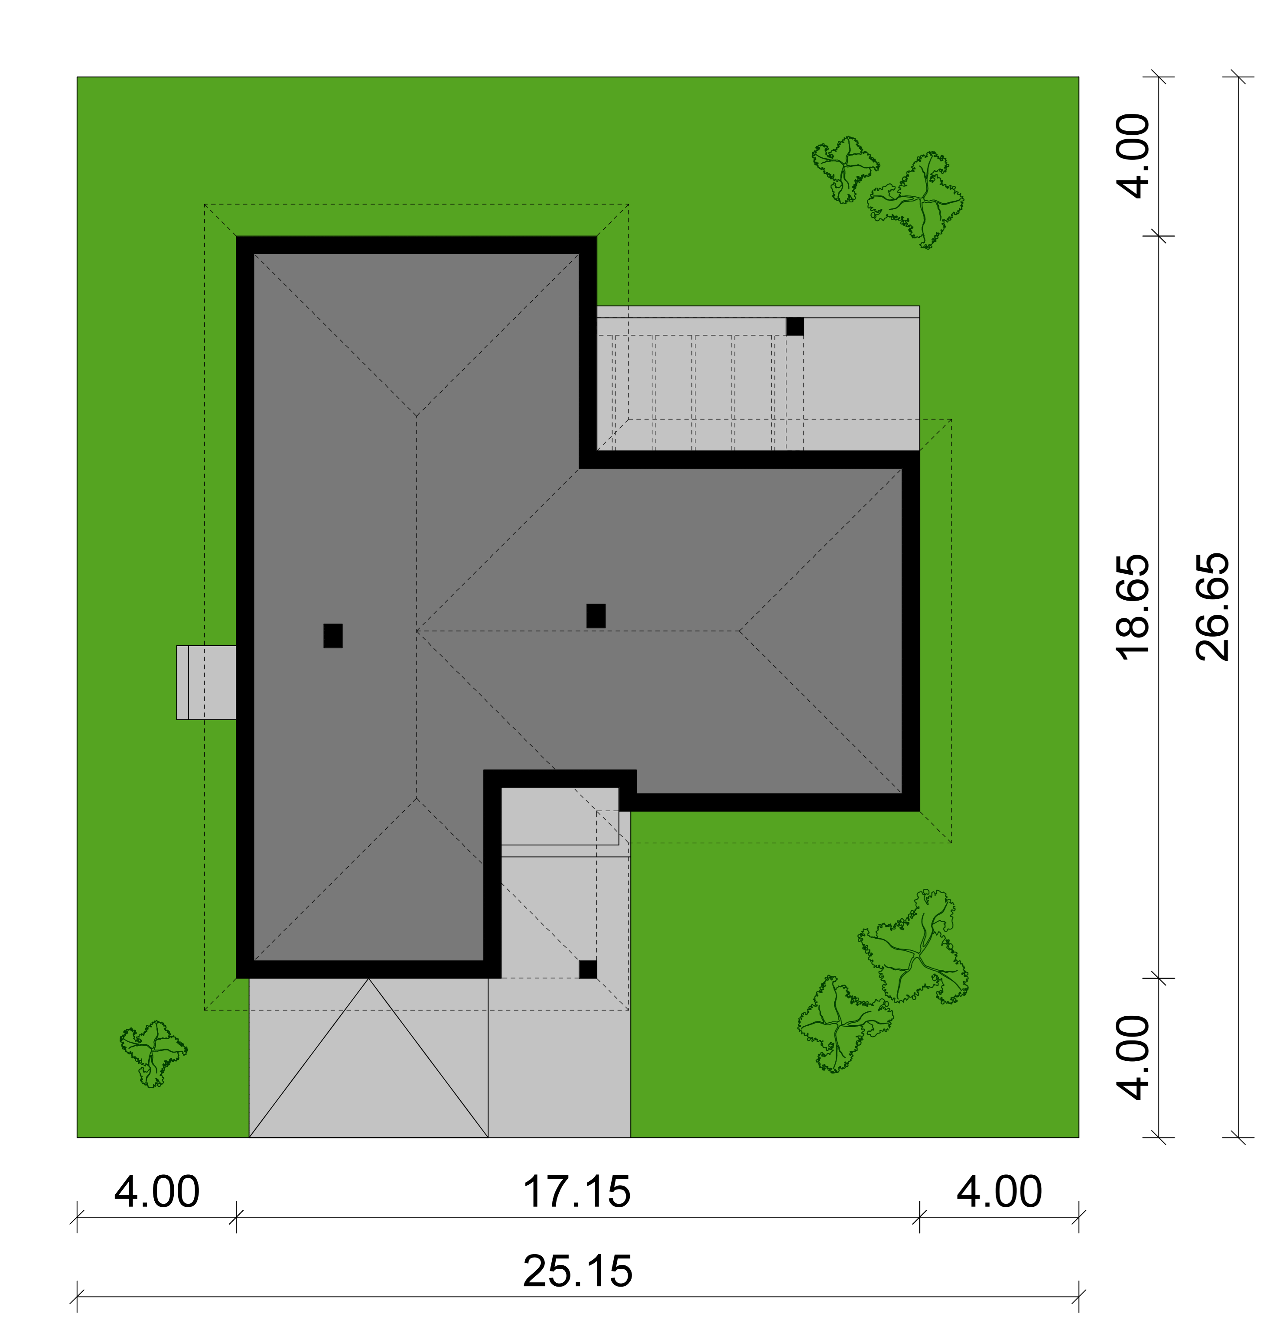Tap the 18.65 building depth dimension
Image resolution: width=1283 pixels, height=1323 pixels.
click(1133, 607)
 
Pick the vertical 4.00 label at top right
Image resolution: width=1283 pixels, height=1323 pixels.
click(1133, 156)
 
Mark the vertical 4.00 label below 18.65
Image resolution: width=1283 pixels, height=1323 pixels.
click(1133, 1058)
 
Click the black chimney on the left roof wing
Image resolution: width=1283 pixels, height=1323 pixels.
click(333, 636)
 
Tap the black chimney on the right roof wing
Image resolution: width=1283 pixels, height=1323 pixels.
click(596, 616)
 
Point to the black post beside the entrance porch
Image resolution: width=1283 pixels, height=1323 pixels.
click(587, 969)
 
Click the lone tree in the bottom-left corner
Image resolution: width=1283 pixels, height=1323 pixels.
click(154, 1053)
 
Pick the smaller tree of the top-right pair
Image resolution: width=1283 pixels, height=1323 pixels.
click(845, 169)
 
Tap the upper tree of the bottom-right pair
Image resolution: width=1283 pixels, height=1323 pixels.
click(914, 947)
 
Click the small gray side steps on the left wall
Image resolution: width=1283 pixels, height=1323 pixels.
click(207, 683)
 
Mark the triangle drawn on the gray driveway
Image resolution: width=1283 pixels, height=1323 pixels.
click(369, 1058)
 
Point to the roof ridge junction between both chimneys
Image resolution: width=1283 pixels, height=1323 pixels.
click(417, 631)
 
